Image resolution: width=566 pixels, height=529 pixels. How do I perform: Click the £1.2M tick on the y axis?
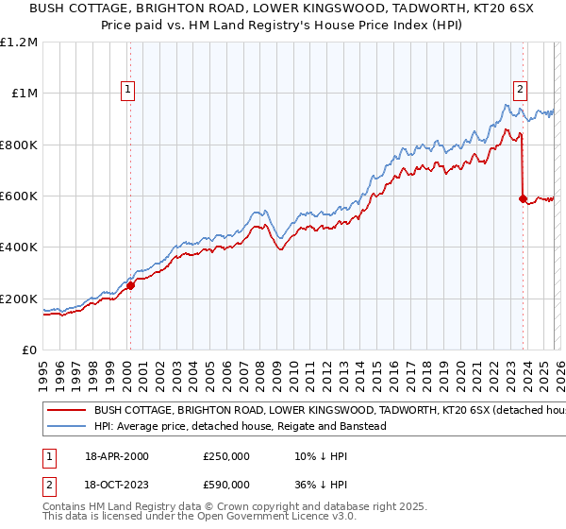pos(19,43)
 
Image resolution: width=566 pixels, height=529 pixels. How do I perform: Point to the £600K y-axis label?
pos(19,196)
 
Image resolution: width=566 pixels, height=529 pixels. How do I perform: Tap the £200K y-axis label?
pos(19,299)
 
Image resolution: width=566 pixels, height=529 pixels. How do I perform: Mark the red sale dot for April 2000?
pos(130,286)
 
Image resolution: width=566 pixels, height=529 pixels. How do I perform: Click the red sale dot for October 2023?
pos(522,199)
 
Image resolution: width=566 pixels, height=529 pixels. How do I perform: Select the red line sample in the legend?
pos(66,411)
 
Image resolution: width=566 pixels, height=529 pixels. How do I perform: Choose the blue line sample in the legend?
pos(66,427)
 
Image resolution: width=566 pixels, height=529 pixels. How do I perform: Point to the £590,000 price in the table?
pos(225,484)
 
